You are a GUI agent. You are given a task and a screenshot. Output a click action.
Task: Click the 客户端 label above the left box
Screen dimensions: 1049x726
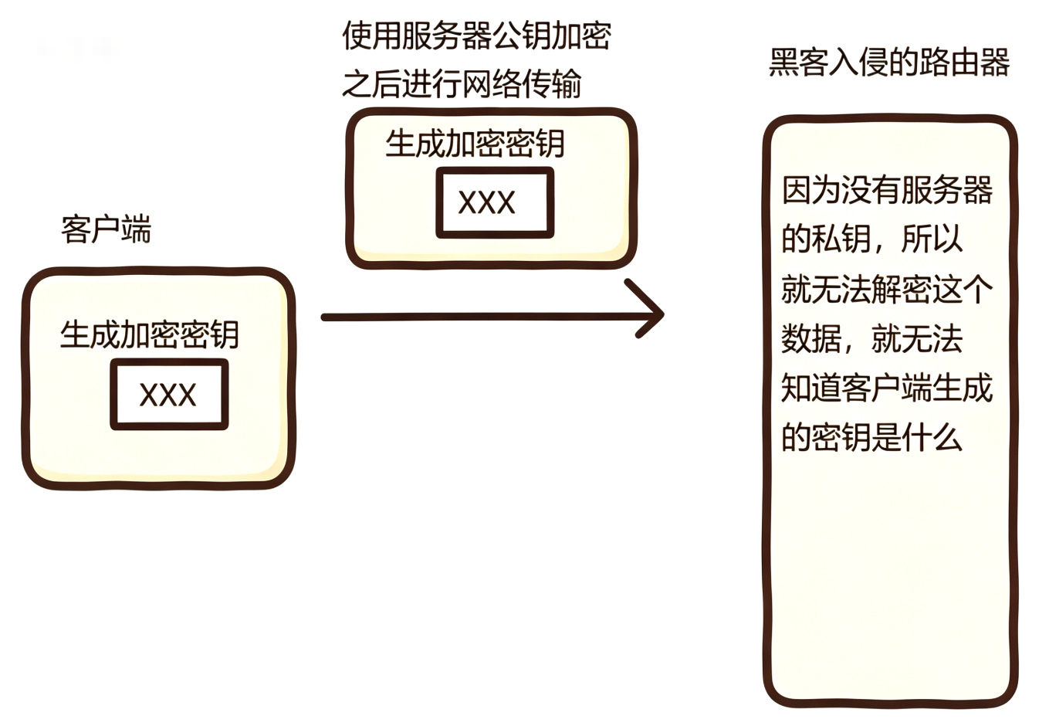coord(107,229)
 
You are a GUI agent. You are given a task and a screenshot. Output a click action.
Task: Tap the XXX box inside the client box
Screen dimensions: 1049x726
coord(169,394)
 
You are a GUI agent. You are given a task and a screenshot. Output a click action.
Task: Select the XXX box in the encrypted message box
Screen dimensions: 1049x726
coord(495,202)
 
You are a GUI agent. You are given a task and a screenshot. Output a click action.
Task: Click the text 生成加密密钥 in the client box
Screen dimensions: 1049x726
coord(150,334)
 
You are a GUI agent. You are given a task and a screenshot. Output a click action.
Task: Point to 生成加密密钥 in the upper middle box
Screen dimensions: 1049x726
coord(475,144)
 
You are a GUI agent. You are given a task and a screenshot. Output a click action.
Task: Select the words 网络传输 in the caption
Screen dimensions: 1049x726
coord(521,84)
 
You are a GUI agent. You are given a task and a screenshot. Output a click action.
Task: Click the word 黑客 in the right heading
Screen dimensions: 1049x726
coord(798,62)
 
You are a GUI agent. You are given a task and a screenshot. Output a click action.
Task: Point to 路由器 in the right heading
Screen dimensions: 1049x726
coord(964,62)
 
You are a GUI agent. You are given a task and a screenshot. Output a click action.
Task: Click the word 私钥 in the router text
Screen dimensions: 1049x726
coord(841,239)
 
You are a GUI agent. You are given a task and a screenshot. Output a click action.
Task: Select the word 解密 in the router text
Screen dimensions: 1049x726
coord(901,288)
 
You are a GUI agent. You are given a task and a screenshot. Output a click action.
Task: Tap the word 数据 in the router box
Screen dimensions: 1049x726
coord(810,338)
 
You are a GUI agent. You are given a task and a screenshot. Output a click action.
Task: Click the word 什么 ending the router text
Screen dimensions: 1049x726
coord(932,437)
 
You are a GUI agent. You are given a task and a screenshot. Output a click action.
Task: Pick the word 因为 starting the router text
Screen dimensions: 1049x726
coord(810,189)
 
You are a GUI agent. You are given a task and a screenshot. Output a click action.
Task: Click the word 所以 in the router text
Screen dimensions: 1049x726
coord(932,239)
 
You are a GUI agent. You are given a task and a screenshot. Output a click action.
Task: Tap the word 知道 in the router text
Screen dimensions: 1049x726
coord(810,388)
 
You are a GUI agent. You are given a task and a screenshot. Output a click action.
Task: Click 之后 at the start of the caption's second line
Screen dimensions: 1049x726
coord(371,84)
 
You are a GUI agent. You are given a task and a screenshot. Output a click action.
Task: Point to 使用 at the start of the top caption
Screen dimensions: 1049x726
coord(371,36)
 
